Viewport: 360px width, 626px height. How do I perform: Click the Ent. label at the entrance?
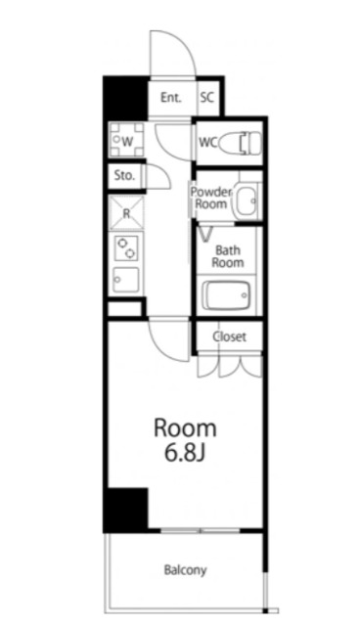[x=171, y=97]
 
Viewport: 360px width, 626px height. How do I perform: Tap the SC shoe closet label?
[x=207, y=97]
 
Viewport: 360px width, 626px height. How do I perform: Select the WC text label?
[x=207, y=142]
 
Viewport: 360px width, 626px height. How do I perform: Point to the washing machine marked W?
[x=126, y=142]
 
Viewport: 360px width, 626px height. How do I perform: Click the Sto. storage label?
[x=123, y=177]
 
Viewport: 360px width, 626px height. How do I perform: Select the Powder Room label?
[x=209, y=199]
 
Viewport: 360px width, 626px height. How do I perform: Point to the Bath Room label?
[x=228, y=256]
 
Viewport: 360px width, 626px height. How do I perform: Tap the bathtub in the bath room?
[x=229, y=294]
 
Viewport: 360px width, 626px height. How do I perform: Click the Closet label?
[x=230, y=336]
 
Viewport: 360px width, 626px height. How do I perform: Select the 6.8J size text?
[x=182, y=455]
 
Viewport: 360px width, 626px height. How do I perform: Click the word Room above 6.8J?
[x=182, y=428]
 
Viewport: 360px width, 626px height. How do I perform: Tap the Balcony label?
[x=184, y=569]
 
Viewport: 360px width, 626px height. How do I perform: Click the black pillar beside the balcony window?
[x=125, y=509]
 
